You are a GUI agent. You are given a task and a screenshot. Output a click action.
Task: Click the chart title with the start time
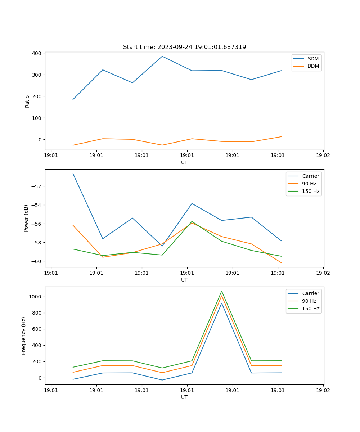coord(184,47)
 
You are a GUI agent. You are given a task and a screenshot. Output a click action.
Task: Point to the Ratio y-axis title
coord(27,101)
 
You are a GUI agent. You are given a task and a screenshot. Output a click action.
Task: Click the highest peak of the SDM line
coord(162,56)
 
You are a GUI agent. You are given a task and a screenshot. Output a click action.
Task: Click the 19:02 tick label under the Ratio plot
coord(323,156)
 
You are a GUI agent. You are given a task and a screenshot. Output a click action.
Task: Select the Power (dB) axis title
coord(26,218)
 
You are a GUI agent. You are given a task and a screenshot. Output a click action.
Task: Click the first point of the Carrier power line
coord(73,174)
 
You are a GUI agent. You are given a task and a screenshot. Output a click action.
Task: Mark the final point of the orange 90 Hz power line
coord(281,263)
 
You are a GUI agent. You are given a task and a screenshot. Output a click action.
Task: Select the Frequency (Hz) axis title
coord(24,336)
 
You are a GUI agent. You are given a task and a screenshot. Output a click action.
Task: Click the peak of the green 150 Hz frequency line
coord(221,291)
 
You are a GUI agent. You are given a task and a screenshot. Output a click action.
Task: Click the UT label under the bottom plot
coord(184,397)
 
